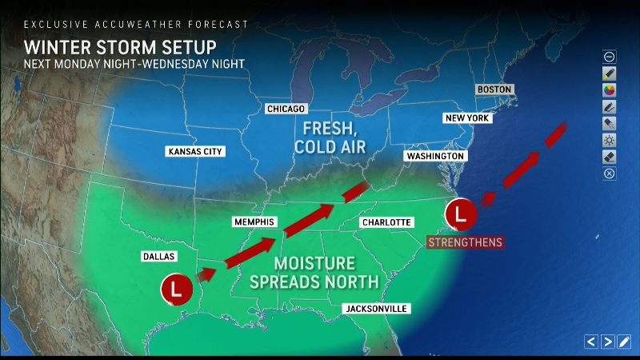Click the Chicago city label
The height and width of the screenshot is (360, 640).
click(x=286, y=108)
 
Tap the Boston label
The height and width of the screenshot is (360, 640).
click(x=494, y=89)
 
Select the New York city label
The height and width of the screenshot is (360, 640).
click(x=466, y=118)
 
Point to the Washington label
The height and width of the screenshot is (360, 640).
click(x=434, y=155)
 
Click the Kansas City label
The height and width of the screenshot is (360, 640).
click(x=195, y=151)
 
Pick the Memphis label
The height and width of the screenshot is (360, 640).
click(x=254, y=222)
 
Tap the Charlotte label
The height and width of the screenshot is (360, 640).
click(x=386, y=222)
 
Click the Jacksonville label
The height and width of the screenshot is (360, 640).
click(x=375, y=309)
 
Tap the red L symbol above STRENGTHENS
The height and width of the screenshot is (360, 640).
click(x=460, y=214)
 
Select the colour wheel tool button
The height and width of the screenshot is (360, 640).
click(x=610, y=90)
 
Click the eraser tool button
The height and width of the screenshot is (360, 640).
click(x=610, y=157)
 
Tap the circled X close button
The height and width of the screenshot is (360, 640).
click(x=610, y=174)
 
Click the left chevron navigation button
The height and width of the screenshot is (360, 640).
click(x=591, y=342)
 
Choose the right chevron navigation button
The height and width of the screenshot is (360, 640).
click(x=608, y=342)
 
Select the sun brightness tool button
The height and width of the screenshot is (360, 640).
click(x=610, y=140)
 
